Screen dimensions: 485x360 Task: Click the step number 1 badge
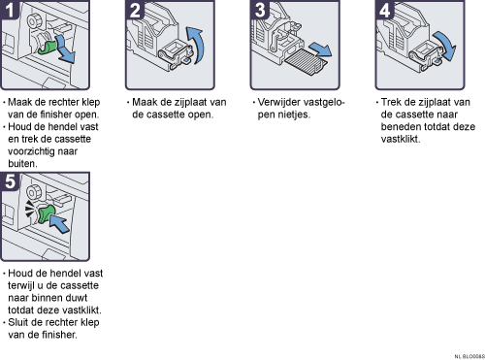[x=9, y=10]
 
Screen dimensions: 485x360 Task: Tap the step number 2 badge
[x=135, y=10]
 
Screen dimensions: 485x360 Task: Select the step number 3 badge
[x=260, y=10]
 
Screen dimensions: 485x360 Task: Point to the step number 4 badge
[x=385, y=10]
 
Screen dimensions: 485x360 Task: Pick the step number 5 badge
[x=10, y=181]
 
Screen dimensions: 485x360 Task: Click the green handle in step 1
[x=48, y=48]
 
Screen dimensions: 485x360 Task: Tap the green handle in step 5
[x=47, y=214]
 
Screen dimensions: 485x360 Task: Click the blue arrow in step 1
[x=66, y=50]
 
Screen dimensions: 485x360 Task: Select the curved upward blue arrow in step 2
[x=197, y=46]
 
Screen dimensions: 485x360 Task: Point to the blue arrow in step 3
[x=320, y=49]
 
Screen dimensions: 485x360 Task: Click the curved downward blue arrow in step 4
[x=445, y=46]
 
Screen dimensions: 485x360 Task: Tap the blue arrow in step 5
[x=59, y=223]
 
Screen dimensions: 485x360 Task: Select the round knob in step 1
[x=33, y=21]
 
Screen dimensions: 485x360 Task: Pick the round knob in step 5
[x=33, y=193]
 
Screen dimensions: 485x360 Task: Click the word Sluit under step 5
[x=17, y=322]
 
